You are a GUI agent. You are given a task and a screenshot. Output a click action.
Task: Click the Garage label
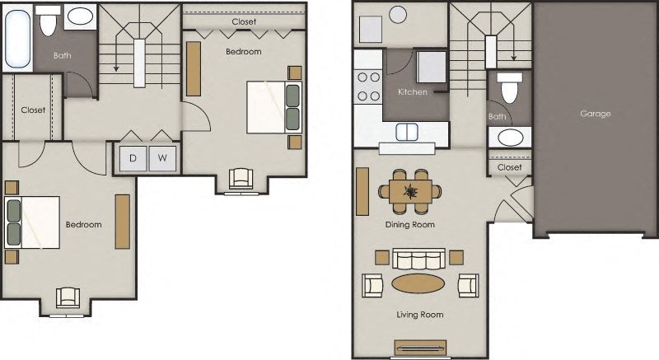[595, 114]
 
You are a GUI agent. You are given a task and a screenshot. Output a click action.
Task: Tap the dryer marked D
[133, 158]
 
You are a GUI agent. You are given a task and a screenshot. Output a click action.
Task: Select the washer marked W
[162, 158]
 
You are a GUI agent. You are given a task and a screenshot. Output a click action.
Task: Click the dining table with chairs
[409, 191]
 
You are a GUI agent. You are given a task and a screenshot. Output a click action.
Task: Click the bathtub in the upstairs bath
[18, 40]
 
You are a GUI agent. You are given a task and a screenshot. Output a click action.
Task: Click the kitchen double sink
[408, 132]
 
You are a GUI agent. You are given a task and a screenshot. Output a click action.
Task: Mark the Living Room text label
[421, 315]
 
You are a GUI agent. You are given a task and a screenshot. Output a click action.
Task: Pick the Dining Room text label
[409, 224]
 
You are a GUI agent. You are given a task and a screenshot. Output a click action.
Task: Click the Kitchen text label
[413, 92]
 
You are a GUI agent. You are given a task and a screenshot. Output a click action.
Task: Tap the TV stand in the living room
[419, 348]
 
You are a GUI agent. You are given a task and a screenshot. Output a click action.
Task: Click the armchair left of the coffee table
[373, 285]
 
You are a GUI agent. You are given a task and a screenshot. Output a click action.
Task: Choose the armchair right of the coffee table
[468, 285]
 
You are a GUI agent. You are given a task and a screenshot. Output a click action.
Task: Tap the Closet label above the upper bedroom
[243, 21]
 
